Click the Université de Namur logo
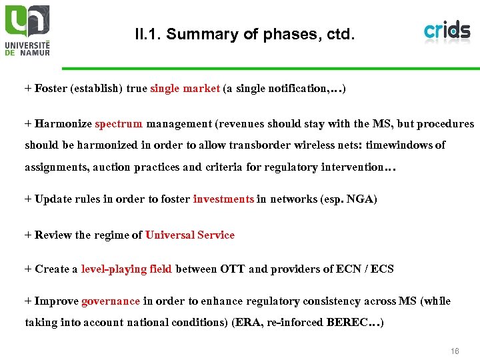coord(27,29)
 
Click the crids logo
coord(447,30)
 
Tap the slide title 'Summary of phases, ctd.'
coord(244,34)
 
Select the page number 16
coord(455,351)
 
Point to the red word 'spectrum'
coord(119,123)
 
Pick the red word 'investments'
coord(223,199)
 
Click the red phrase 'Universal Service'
coord(190,235)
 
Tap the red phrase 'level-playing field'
coord(127,269)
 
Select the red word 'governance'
coord(111,301)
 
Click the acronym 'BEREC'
coord(348,323)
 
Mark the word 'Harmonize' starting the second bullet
coord(63,123)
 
